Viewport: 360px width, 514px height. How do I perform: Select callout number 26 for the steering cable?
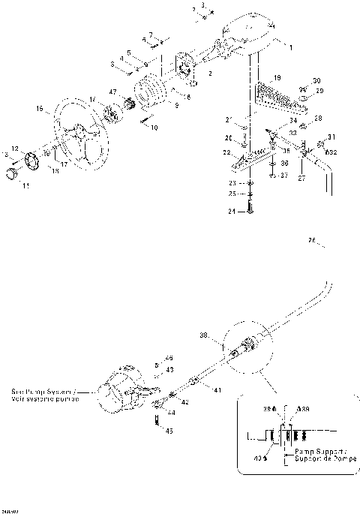click(312, 241)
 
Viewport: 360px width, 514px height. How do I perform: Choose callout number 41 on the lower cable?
click(217, 391)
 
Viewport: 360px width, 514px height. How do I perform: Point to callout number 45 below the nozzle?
click(169, 431)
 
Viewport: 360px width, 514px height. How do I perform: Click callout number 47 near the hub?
click(114, 92)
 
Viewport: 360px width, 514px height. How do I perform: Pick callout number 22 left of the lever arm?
click(226, 152)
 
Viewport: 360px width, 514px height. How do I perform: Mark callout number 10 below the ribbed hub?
click(154, 128)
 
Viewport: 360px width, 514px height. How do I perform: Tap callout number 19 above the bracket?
click(277, 77)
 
